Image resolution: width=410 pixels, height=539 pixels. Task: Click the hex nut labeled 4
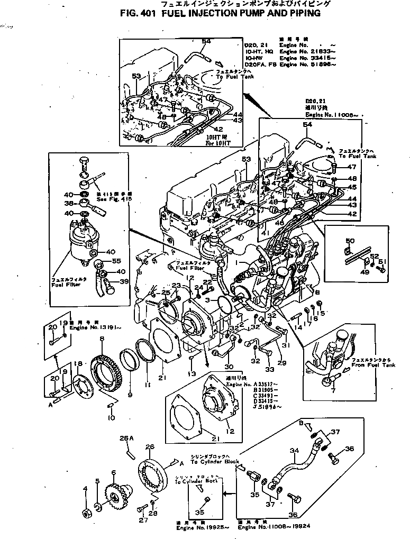click(85, 513)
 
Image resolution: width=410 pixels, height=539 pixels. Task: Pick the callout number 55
click(116, 261)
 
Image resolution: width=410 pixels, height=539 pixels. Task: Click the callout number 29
click(281, 363)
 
